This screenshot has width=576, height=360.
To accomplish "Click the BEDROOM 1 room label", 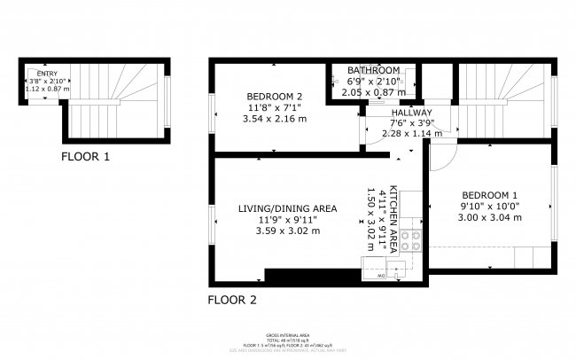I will point(489,194).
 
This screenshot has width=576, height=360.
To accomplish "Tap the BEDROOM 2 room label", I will point(274,98).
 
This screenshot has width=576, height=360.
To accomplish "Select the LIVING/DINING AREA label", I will point(287,208).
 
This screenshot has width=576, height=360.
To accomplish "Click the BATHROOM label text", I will point(373,70).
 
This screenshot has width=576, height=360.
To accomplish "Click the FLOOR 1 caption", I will point(86,157).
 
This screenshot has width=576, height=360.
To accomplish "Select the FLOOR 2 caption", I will point(232,300).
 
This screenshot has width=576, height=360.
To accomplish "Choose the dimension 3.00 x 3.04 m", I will point(489,216).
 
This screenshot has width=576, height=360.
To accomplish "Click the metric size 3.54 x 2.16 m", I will point(274,119).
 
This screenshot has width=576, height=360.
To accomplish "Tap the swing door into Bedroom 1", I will point(440,155).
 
